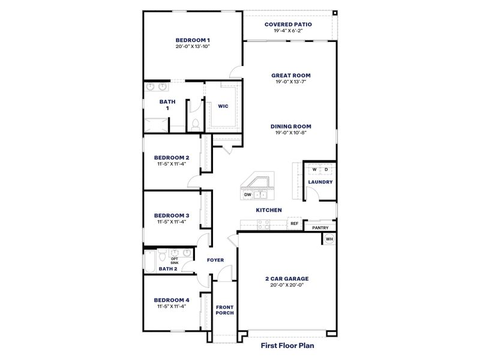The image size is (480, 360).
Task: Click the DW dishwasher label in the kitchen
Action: click(247, 194)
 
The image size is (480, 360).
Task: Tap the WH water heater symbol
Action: click(329, 239)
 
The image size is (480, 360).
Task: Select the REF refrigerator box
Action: click(294, 223)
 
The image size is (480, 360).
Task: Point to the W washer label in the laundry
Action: click(314, 170)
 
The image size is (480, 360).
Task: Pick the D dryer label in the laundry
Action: click(327, 170)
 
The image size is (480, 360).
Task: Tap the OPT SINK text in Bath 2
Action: click(175, 260)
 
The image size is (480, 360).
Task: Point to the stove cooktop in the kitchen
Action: click(263, 224)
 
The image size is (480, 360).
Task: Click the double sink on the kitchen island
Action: click(260, 194)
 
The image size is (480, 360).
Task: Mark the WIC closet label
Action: click(223, 106)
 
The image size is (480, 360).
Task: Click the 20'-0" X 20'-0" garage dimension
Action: click(287, 286)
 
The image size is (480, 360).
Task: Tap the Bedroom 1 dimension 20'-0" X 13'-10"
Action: click(192, 46)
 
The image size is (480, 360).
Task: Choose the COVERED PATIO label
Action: click(288, 25)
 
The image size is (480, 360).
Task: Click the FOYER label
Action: click(215, 260)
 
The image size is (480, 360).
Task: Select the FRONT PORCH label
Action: click(224, 310)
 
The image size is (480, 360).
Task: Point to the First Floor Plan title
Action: click(287, 345)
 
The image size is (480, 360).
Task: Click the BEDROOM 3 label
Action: click(172, 215)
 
